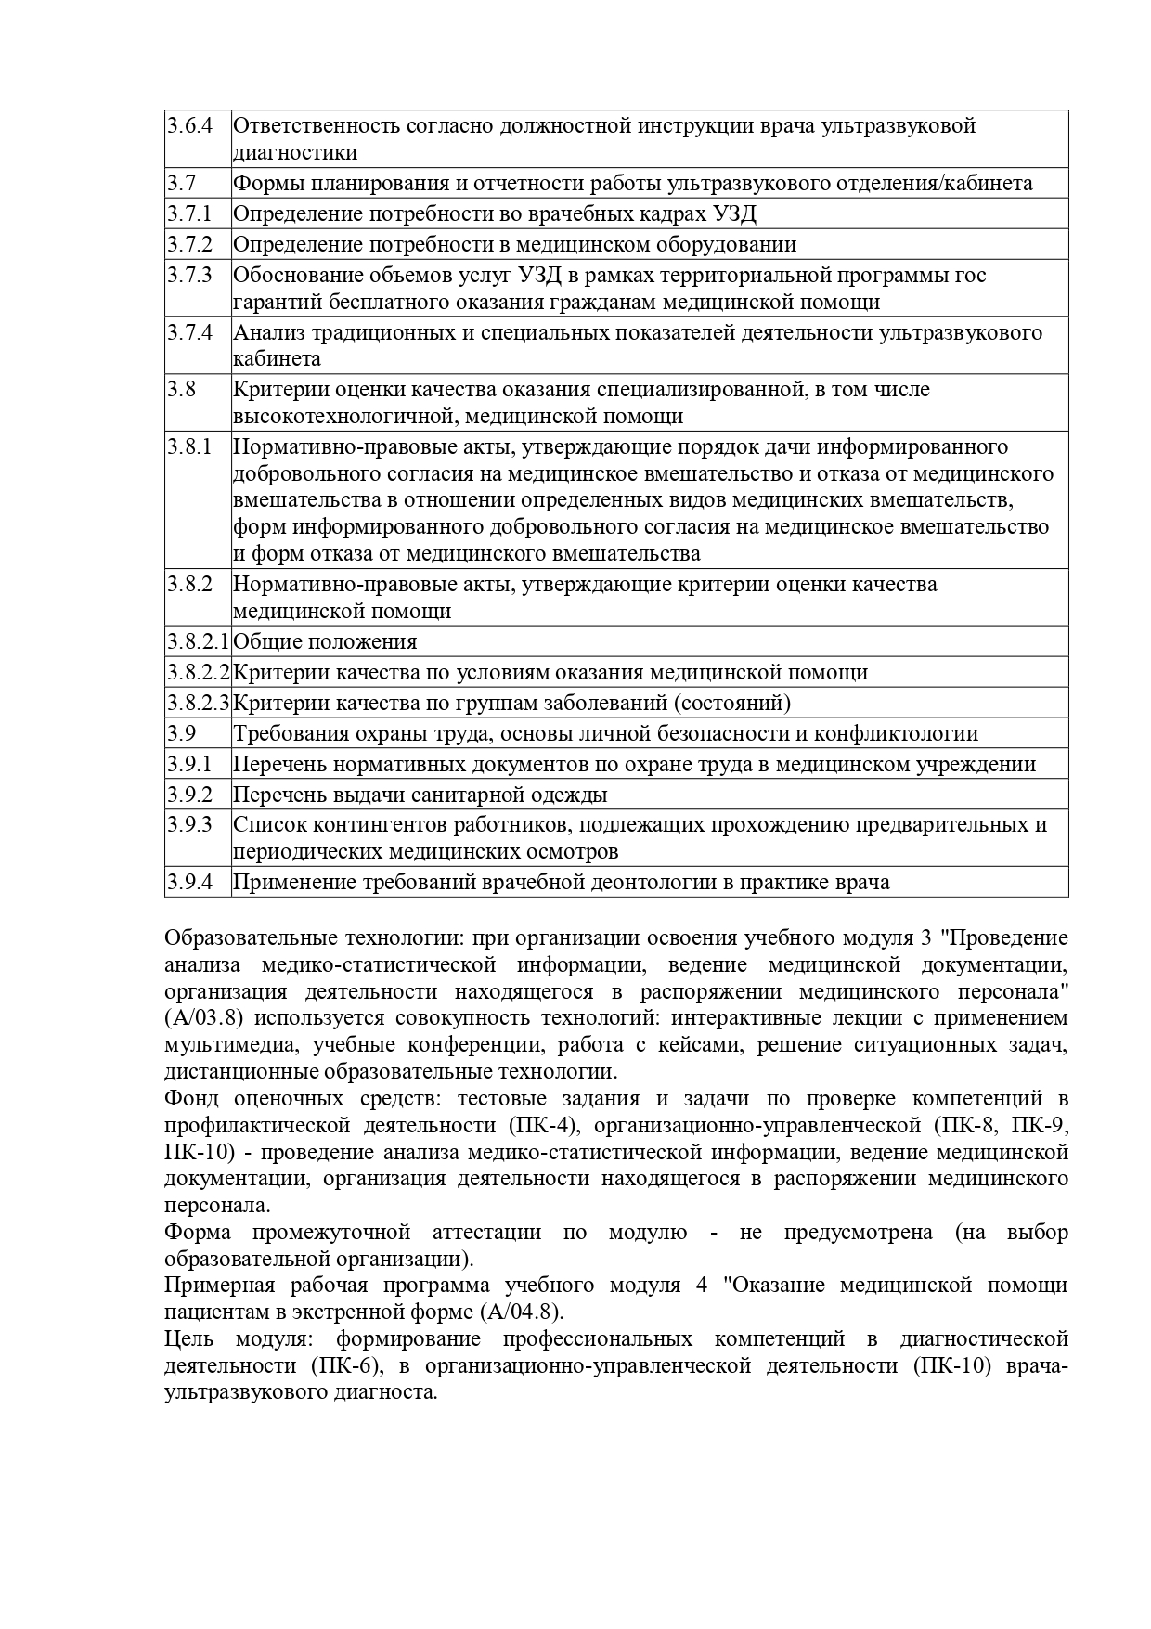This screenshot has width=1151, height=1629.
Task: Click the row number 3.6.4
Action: pos(190,125)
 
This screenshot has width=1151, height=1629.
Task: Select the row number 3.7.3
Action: pos(190,275)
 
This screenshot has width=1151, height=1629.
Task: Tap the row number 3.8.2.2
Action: pos(198,672)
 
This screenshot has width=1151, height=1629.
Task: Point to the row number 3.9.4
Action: pos(190,882)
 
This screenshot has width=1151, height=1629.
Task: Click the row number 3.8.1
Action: pos(190,446)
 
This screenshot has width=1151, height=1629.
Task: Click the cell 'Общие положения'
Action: pos(325,641)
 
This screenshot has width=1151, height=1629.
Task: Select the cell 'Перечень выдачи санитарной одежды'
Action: pos(420,795)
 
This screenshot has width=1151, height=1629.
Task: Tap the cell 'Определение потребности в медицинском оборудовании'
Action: pos(514,245)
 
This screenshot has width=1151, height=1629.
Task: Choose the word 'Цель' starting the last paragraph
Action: pos(188,1339)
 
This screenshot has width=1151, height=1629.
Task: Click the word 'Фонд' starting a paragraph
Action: pos(191,1099)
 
